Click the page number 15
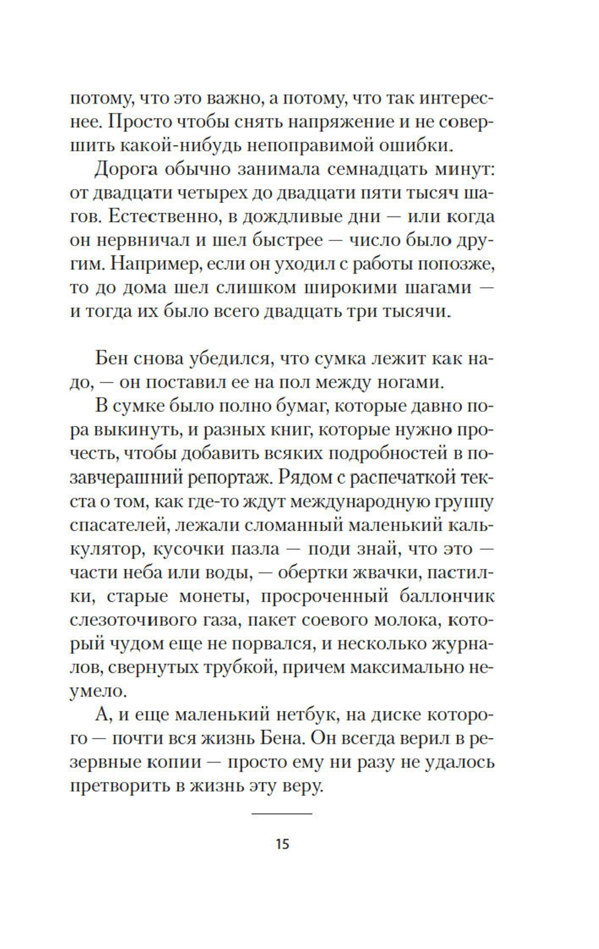pyautogui.click(x=282, y=844)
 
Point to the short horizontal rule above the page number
pyautogui.click(x=282, y=814)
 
